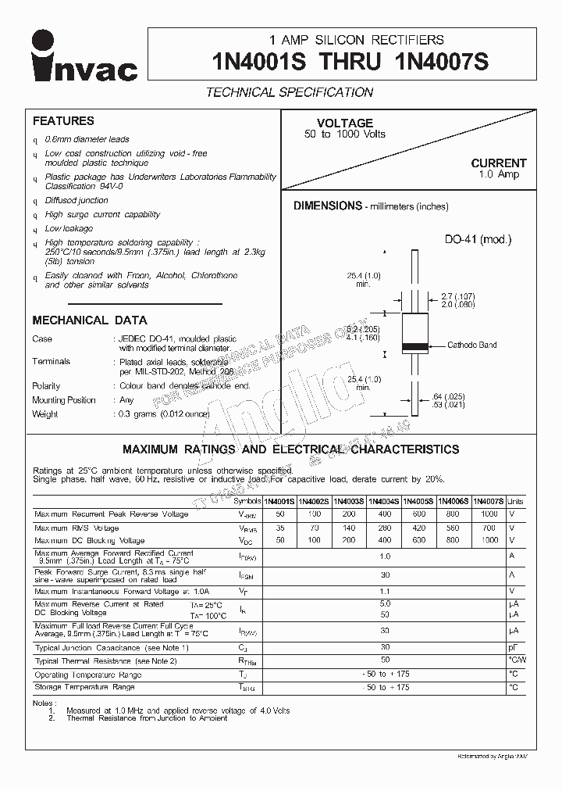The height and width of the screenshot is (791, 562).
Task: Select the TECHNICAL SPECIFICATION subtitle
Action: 289,92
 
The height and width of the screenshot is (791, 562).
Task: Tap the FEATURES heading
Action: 63,121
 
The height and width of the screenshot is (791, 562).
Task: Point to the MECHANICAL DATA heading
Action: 90,320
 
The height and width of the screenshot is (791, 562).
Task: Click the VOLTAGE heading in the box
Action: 345,123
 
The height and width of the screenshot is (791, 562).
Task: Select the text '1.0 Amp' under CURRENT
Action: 499,174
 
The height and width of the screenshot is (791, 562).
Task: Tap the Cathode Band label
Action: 472,345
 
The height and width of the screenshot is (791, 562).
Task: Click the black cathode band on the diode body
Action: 413,345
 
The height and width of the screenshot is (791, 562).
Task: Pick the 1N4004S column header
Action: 384,501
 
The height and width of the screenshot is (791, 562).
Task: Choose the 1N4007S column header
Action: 489,501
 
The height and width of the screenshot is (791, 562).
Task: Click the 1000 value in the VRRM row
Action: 489,514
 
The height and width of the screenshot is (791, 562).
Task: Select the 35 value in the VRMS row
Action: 279,528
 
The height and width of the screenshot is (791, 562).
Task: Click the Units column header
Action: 516,501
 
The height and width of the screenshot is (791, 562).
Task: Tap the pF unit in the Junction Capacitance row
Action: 513,648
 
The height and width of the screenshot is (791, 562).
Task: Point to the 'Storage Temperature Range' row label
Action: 84,687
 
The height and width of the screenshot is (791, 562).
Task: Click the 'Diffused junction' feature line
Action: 76,200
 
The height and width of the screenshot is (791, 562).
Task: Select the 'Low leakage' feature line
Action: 69,228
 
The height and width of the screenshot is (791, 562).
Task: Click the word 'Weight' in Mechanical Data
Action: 45,414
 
